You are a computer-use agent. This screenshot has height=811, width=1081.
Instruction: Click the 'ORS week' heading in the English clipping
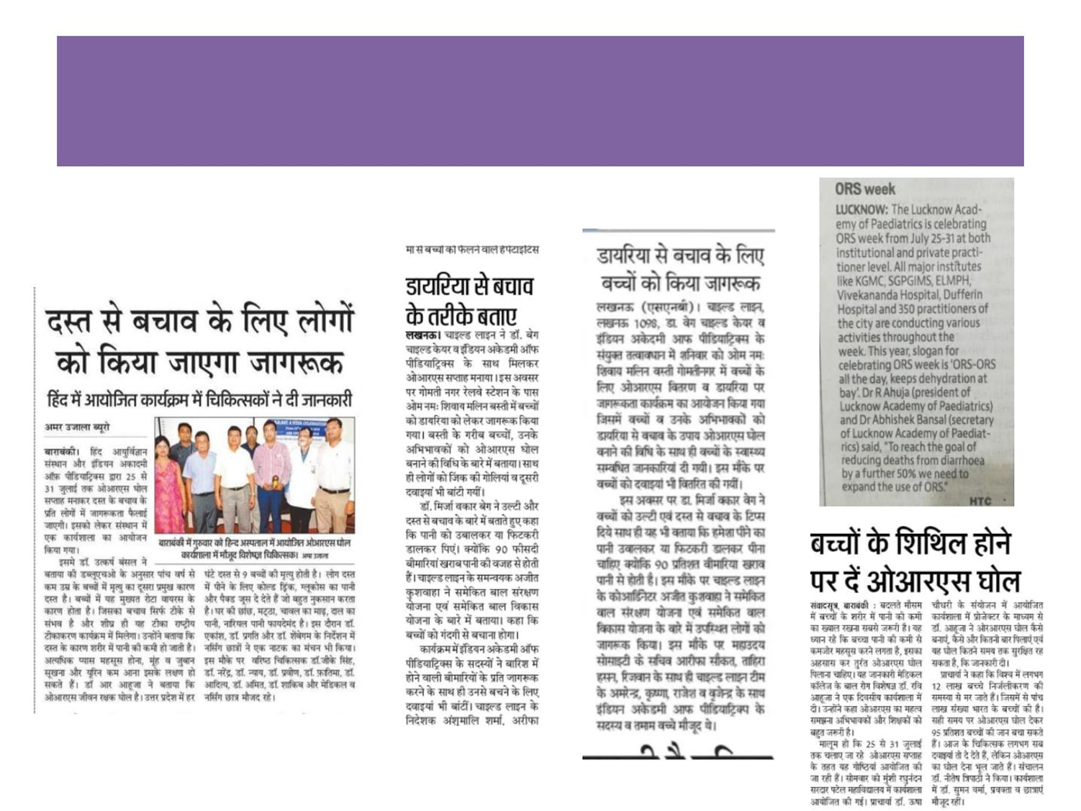point(864,189)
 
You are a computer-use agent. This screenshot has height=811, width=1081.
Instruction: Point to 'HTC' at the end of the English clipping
point(980,501)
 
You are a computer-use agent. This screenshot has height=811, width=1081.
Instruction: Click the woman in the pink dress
point(170,489)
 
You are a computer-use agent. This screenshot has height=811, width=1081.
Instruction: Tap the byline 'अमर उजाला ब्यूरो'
point(78,427)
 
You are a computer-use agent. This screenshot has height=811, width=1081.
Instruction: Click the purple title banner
point(540,101)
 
